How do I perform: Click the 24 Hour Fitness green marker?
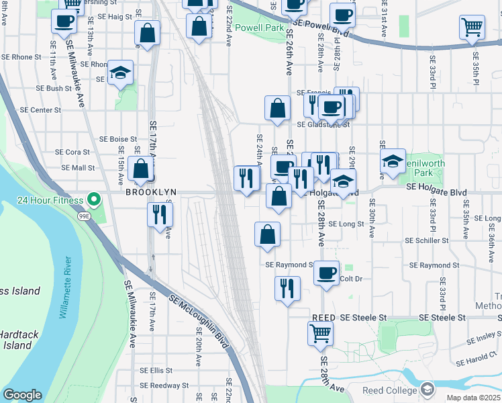[x=95, y=199]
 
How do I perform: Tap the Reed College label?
[x=390, y=390]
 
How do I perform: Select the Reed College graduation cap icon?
[x=427, y=389]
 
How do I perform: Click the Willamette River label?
[x=66, y=288]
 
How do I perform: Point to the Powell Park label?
[x=264, y=28]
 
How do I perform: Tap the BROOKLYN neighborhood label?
[x=151, y=192]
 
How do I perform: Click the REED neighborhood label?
[x=323, y=317]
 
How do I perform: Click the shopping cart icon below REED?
[x=321, y=332]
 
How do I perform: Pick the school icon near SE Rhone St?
[x=121, y=73]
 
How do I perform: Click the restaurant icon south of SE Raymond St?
[x=287, y=288]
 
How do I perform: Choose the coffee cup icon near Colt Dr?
[x=327, y=273]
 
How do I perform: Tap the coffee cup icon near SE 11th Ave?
[x=64, y=21]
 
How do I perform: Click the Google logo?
[x=22, y=395]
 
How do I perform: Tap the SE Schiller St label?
[x=427, y=240]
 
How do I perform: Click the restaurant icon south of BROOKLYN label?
[x=160, y=214]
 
